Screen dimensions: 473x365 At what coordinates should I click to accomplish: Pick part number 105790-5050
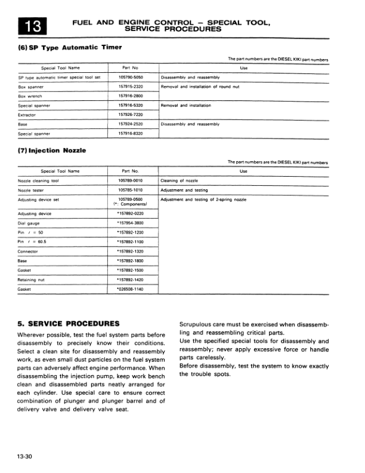pyautogui.click(x=130, y=78)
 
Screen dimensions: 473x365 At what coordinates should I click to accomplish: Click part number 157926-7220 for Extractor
pyautogui.click(x=130, y=115)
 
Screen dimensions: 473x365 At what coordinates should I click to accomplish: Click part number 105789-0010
pyautogui.click(x=130, y=180)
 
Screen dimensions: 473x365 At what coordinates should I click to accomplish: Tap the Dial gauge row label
pyautogui.click(x=30, y=223)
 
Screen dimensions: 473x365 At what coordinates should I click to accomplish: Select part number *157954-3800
pyautogui.click(x=130, y=223)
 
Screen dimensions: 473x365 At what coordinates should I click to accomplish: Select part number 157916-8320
pyautogui.click(x=130, y=133)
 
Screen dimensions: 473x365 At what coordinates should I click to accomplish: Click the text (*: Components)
pyautogui.click(x=130, y=204)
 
